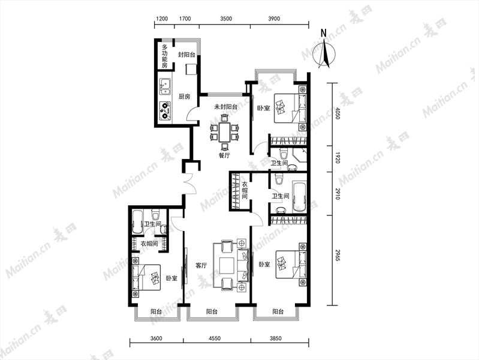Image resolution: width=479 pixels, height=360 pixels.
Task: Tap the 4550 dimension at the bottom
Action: tap(215, 338)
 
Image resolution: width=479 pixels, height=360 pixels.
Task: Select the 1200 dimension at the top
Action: tap(162, 19)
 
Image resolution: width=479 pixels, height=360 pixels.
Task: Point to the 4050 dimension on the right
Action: tap(337, 113)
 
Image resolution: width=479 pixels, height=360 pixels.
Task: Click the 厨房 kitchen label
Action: tap(184, 97)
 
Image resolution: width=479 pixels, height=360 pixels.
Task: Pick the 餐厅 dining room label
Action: tap(224, 155)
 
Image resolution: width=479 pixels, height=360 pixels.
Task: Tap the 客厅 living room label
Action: tap(201, 265)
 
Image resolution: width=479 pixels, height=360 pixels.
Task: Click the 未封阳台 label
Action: tap(225, 107)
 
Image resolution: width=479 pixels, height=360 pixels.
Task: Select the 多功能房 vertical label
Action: tap(165, 56)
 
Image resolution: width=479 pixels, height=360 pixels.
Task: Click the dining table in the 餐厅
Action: tap(225, 132)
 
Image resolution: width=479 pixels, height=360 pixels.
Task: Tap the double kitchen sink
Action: tap(165, 86)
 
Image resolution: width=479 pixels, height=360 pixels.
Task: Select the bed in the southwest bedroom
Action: tap(146, 277)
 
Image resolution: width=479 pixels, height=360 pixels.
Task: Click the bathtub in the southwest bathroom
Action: tap(137, 223)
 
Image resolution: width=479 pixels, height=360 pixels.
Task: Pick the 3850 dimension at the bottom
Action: tap(276, 338)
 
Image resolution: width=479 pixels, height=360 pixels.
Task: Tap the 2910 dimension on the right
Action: tap(337, 194)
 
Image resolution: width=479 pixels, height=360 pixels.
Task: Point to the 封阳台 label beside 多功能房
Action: tap(186, 55)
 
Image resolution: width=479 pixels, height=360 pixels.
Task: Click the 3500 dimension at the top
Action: tap(226, 19)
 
